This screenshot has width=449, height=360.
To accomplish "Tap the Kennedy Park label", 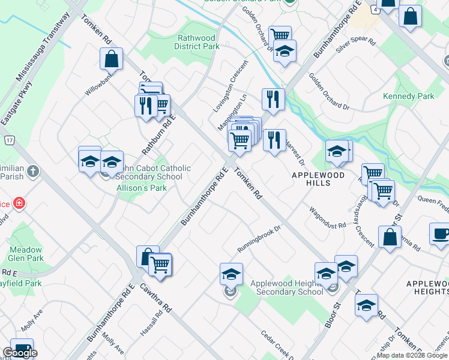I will pos(408,96).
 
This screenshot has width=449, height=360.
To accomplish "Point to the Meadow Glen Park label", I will pos(26,254).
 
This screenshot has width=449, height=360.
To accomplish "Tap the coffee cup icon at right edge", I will pos(440,234).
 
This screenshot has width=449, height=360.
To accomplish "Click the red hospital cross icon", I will pos(19,203).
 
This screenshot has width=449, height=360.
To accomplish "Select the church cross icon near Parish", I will pos(33,172).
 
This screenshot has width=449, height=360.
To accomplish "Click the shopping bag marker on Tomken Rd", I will pos(111,59).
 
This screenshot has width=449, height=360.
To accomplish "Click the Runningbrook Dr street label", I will pos(259,238).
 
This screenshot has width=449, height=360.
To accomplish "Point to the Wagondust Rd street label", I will pos(328,218).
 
